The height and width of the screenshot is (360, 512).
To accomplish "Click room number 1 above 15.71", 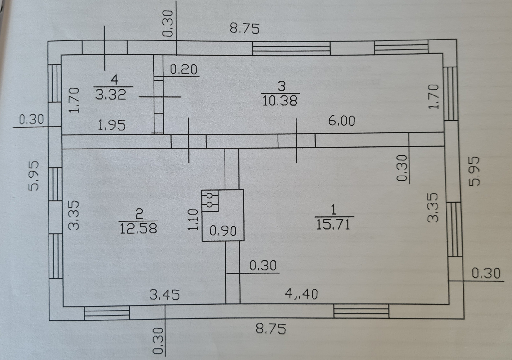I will [333, 210].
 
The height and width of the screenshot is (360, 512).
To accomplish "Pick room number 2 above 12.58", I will [139, 214].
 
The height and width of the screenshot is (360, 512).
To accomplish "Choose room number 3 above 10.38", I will [281, 86].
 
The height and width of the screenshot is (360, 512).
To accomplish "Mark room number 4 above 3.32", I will [114, 79].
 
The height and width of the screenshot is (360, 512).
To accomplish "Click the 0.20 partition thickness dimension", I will [183, 70].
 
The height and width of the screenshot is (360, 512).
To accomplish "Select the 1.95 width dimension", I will [111, 125].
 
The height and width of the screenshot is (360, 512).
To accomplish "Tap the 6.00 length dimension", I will [341, 121].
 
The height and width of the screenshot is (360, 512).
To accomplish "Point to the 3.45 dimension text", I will [164, 294].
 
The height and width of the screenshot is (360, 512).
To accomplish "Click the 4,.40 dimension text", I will [301, 294].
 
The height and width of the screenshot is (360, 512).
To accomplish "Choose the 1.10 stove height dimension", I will [193, 220].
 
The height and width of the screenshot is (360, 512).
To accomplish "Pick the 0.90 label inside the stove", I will [223, 230].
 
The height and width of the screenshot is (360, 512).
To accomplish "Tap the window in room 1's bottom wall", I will [361, 311].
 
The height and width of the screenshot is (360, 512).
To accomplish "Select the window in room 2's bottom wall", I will [107, 313].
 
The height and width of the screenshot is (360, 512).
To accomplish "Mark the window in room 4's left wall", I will [55, 83].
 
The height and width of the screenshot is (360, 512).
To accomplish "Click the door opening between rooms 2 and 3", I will [188, 141].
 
